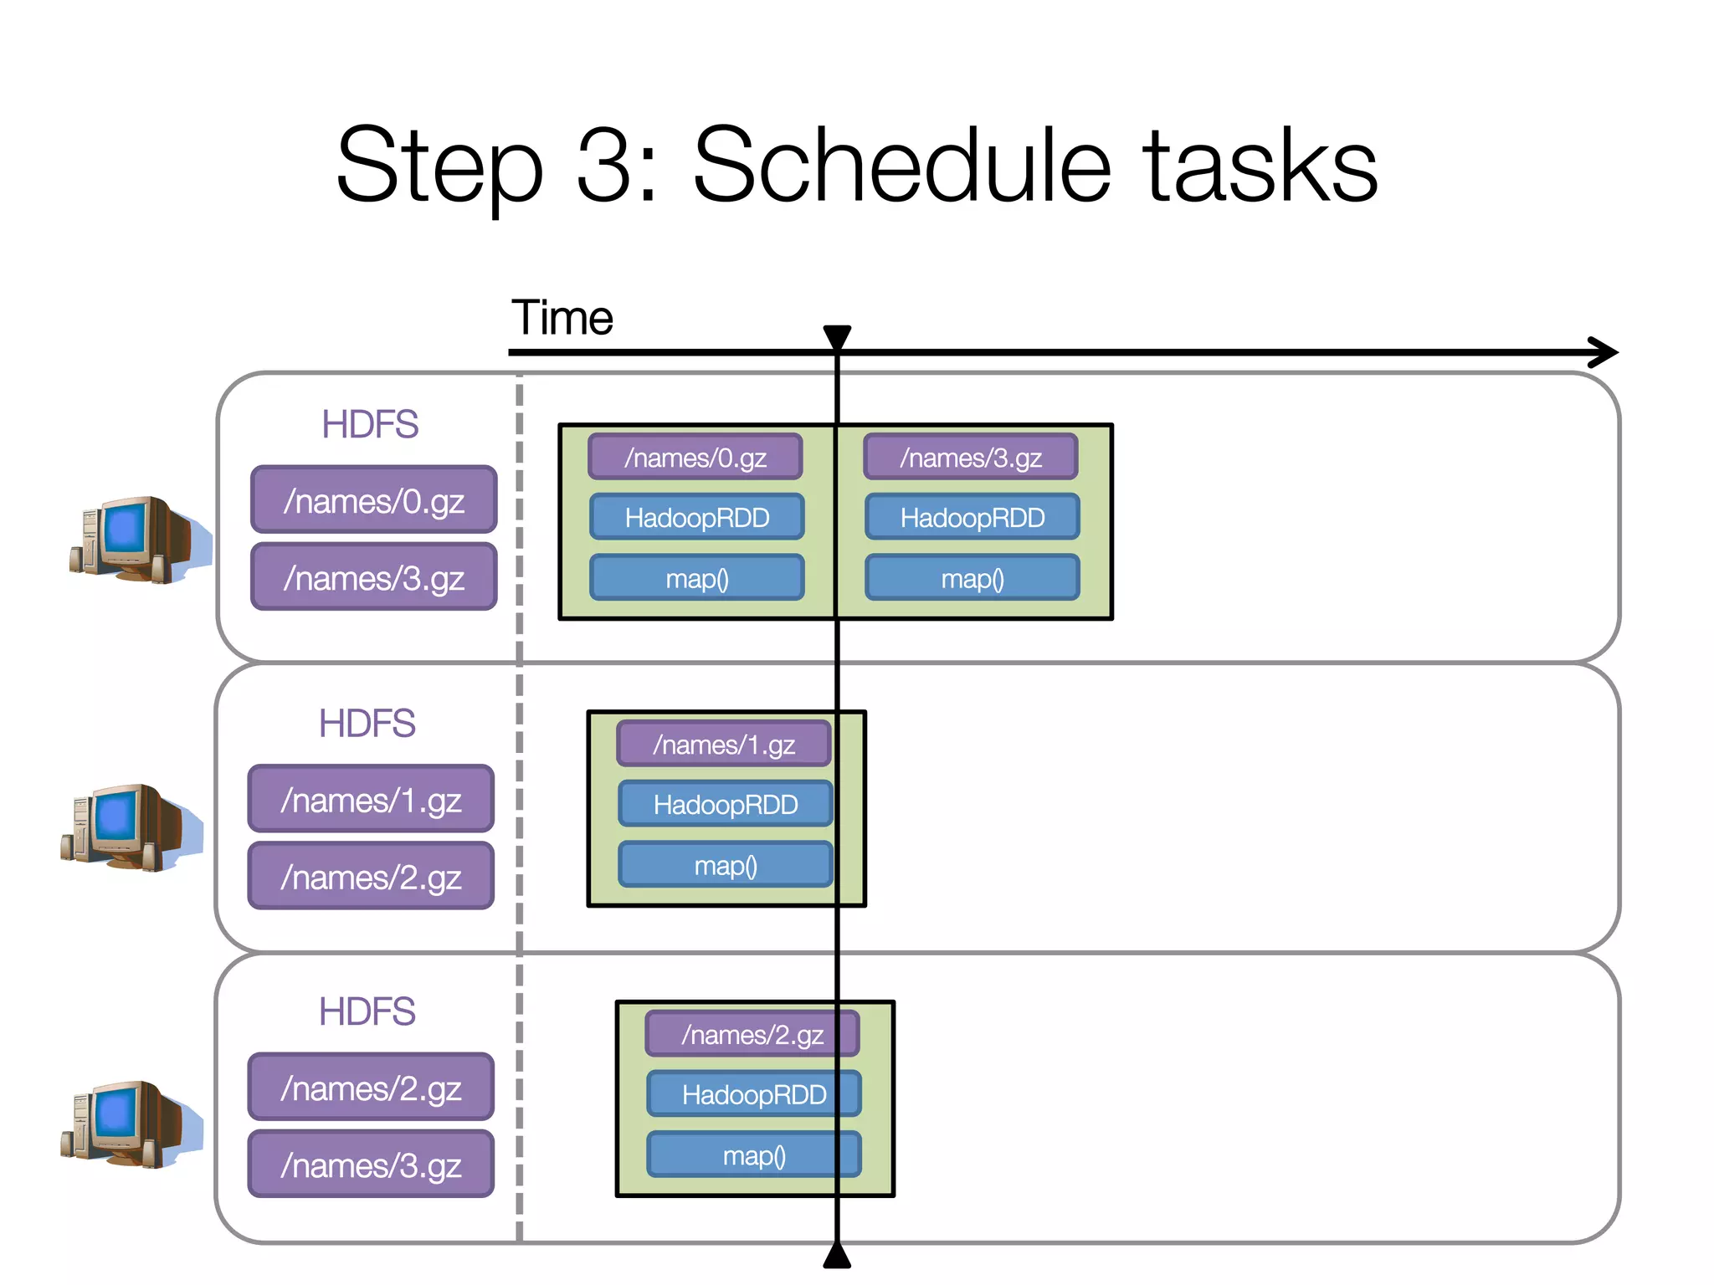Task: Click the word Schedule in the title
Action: tap(901, 165)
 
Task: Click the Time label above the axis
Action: tap(562, 318)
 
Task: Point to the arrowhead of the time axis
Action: tap(1605, 352)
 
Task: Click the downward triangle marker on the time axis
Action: tap(837, 335)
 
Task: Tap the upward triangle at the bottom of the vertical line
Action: tap(837, 1256)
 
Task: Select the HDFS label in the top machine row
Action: tap(370, 424)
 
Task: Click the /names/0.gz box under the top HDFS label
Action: tap(374, 500)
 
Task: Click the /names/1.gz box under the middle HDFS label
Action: tap(371, 800)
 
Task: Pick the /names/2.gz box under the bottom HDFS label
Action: tap(371, 1088)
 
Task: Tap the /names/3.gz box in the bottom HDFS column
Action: tap(371, 1165)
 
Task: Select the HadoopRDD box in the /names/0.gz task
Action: tap(696, 517)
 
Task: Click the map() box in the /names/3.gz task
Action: tap(972, 578)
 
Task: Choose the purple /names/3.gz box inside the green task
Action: tap(971, 457)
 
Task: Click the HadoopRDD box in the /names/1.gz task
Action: tap(725, 804)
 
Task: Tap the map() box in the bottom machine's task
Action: tap(753, 1155)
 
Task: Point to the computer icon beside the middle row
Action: tap(130, 827)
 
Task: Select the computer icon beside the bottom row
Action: tap(130, 1124)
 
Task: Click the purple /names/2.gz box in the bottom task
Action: tap(752, 1035)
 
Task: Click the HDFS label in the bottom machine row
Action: tap(367, 1011)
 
